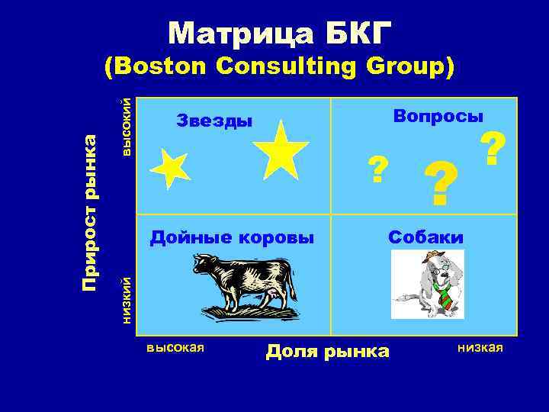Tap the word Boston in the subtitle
click(x=162, y=67)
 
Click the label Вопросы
click(x=438, y=116)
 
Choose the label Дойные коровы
click(x=232, y=237)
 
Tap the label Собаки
click(x=425, y=237)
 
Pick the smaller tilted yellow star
click(x=169, y=168)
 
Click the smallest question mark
click(x=376, y=169)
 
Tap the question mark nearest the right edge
click(x=493, y=150)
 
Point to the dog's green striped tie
click(x=443, y=295)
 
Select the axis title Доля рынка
click(x=327, y=351)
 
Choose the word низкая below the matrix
click(x=480, y=348)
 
